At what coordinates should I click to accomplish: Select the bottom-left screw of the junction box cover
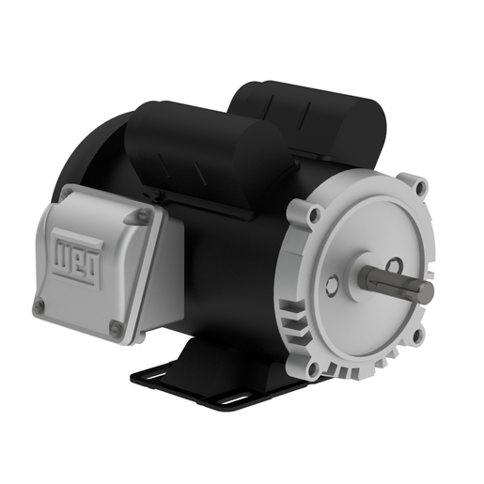pyautogui.click(x=39, y=305)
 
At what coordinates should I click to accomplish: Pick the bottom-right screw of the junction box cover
pyautogui.click(x=115, y=326)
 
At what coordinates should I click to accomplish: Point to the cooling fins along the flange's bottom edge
pyautogui.click(x=376, y=361)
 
